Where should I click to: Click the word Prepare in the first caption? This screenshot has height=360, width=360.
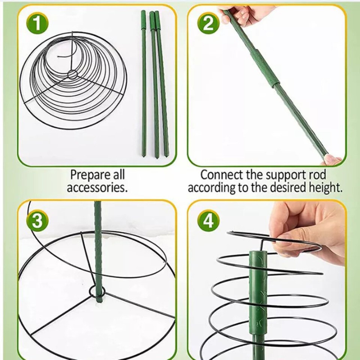click(87, 175)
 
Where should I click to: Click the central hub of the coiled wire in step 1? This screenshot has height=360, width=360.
click(71, 74)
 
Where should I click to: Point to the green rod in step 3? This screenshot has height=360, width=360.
click(98, 247)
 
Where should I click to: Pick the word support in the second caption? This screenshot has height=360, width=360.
click(286, 175)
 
